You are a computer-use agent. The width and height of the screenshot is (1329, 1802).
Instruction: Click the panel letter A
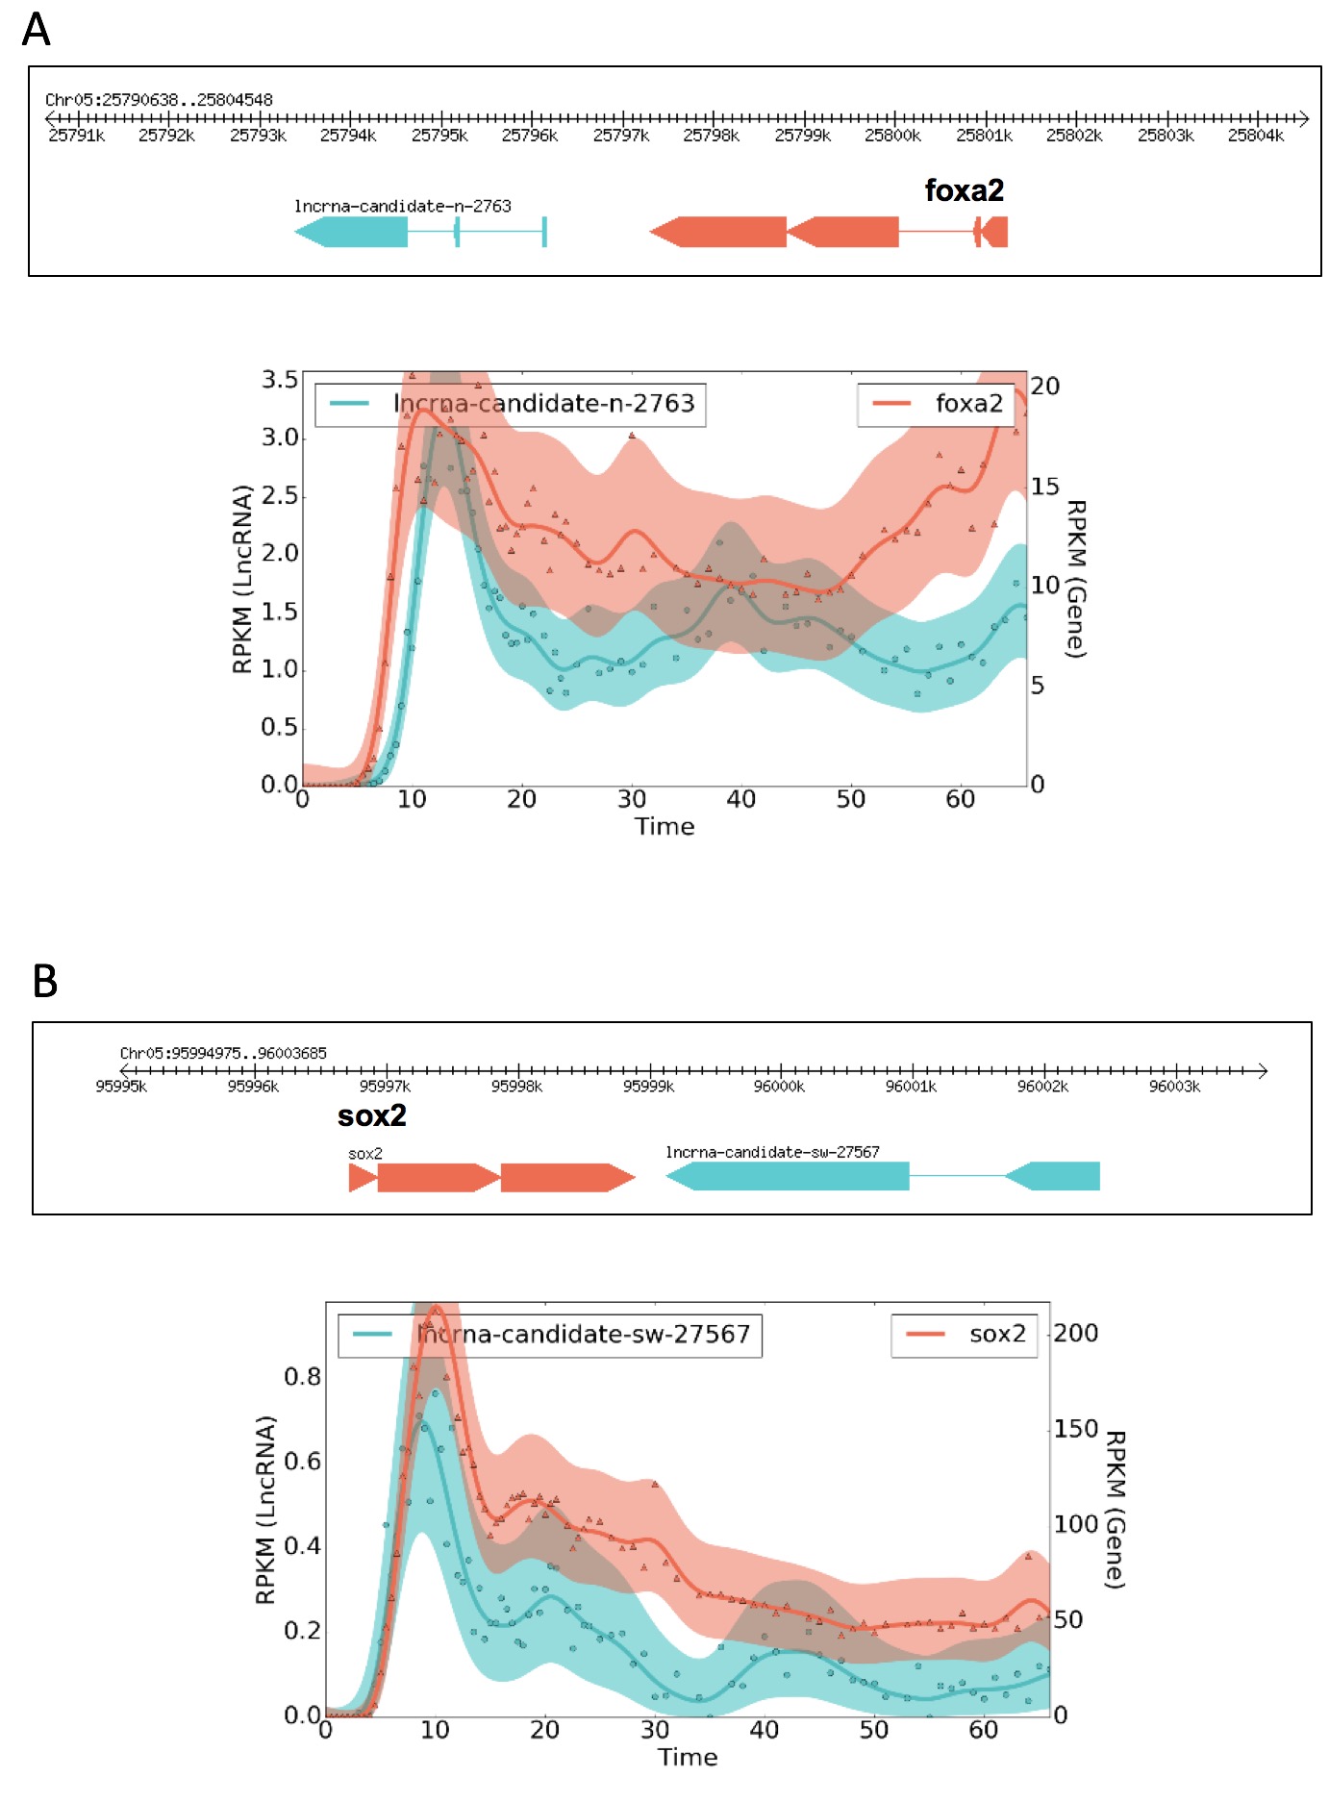[x=37, y=30]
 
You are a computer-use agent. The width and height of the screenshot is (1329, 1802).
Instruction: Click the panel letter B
[x=44, y=982]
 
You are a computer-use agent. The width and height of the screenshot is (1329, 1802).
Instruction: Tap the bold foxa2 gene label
[x=964, y=190]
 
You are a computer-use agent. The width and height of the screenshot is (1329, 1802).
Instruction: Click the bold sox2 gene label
[x=371, y=1115]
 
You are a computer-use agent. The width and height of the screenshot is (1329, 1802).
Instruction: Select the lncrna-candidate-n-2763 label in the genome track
[x=402, y=206]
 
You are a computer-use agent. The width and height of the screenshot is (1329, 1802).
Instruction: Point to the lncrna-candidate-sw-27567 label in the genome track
[x=772, y=1152]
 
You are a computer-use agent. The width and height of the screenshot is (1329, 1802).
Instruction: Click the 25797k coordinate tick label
[x=620, y=136]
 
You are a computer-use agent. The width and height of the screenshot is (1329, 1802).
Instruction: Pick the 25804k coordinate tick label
[x=1255, y=136]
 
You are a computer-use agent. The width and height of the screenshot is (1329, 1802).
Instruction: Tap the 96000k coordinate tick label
[x=779, y=1087]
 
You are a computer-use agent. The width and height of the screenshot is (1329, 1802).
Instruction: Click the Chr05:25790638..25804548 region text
[x=159, y=100]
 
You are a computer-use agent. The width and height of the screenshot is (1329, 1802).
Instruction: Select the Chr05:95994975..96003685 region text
[x=223, y=1053]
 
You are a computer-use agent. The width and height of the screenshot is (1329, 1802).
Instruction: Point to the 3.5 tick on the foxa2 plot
[x=280, y=380]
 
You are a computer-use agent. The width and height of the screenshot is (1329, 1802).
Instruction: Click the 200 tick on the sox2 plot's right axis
[x=1075, y=1333]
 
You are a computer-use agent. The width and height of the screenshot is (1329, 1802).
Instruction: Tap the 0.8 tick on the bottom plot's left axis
[x=302, y=1377]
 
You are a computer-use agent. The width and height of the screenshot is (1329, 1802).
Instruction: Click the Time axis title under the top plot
[x=664, y=827]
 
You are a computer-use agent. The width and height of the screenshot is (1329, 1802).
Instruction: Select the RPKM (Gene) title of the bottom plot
[x=1116, y=1510]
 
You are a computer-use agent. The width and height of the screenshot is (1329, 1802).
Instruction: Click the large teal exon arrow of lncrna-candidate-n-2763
[x=352, y=232]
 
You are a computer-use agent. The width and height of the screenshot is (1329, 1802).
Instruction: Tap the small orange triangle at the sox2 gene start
[x=362, y=1177]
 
